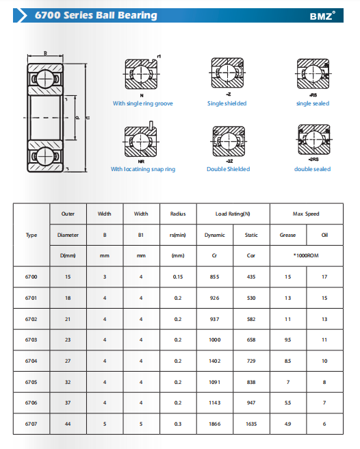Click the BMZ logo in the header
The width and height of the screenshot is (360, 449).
point(322,16)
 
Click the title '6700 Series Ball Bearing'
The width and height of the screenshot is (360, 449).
point(96,15)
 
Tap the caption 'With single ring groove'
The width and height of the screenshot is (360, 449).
point(142,103)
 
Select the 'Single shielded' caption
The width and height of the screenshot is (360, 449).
point(227,103)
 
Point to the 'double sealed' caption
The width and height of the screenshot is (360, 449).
point(313,169)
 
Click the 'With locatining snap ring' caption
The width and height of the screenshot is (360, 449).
point(143,169)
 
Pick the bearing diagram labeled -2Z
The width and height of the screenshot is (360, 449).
point(229,142)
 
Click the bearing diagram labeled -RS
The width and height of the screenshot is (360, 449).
point(313,74)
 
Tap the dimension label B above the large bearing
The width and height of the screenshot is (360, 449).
point(45,53)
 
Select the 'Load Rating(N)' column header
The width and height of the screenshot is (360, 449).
point(233,214)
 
